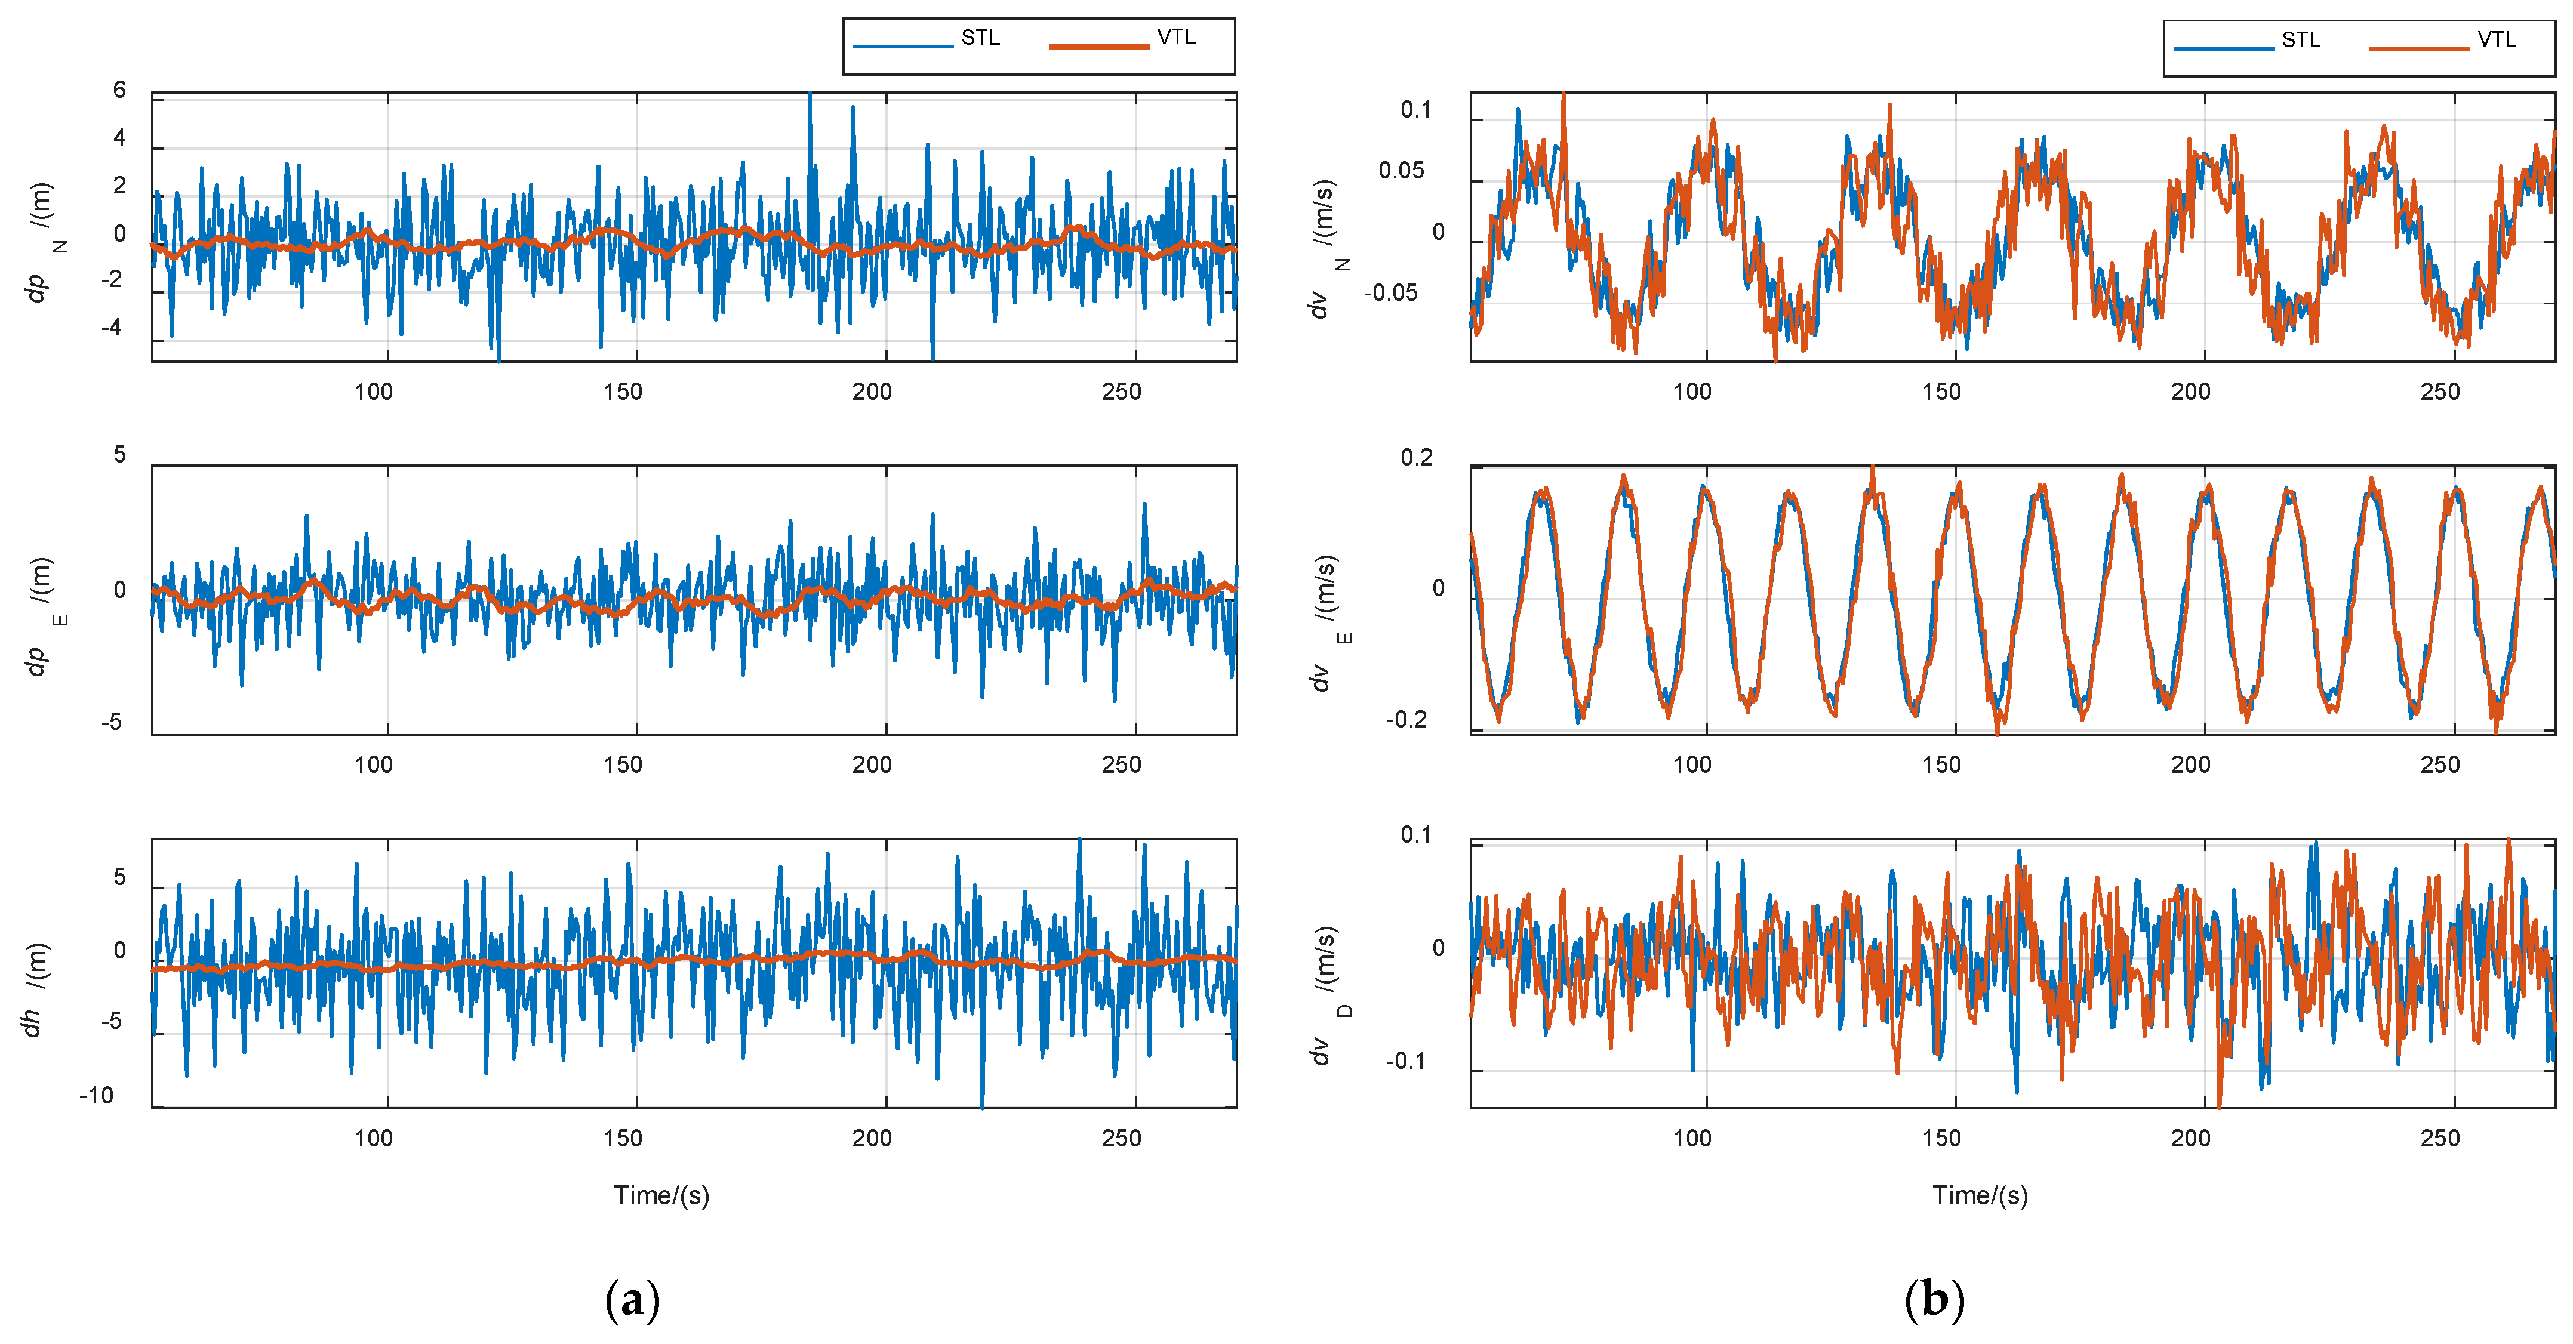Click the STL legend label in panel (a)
tap(979, 38)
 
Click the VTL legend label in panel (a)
tap(1175, 38)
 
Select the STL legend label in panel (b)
tap(2300, 40)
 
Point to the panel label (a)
tap(632, 1300)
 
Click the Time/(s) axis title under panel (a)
tap(661, 1195)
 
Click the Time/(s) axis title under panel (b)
tap(1980, 1195)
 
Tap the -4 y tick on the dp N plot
tap(112, 328)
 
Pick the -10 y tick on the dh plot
tap(97, 1095)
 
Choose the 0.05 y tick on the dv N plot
tap(1401, 171)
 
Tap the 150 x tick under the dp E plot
tap(622, 765)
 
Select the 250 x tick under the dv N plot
tap(2439, 392)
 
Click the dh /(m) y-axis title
tap(35, 988)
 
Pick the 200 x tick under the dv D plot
tap(2190, 1138)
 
